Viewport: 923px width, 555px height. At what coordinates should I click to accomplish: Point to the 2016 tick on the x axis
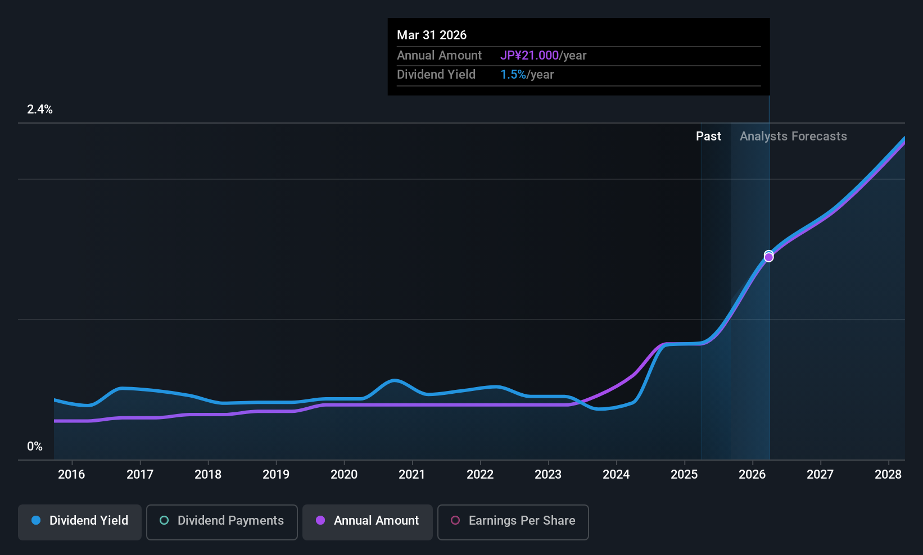[71, 475]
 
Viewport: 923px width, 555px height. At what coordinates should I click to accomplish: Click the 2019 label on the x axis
[276, 475]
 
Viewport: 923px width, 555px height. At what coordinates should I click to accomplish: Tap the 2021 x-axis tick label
[412, 475]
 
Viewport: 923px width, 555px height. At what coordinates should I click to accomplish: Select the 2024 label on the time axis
[616, 475]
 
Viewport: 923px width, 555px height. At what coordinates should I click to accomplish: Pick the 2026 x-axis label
[752, 475]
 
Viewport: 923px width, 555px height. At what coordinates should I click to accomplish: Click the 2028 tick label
[888, 475]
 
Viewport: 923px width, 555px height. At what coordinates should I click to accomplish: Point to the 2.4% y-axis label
[40, 110]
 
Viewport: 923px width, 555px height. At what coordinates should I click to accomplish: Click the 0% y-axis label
[35, 447]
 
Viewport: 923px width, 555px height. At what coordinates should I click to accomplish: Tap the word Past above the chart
[708, 137]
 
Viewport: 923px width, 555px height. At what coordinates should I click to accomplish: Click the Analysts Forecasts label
[793, 137]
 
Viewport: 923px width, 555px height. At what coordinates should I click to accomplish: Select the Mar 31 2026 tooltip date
[432, 35]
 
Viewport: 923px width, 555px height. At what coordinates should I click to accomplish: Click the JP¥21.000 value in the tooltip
[529, 56]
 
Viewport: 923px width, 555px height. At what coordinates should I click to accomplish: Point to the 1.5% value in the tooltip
[513, 75]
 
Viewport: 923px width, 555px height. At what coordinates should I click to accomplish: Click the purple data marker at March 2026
[768, 257]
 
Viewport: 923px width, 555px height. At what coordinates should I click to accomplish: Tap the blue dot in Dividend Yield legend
[36, 520]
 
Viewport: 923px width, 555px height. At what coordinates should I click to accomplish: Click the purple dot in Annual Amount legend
[320, 520]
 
